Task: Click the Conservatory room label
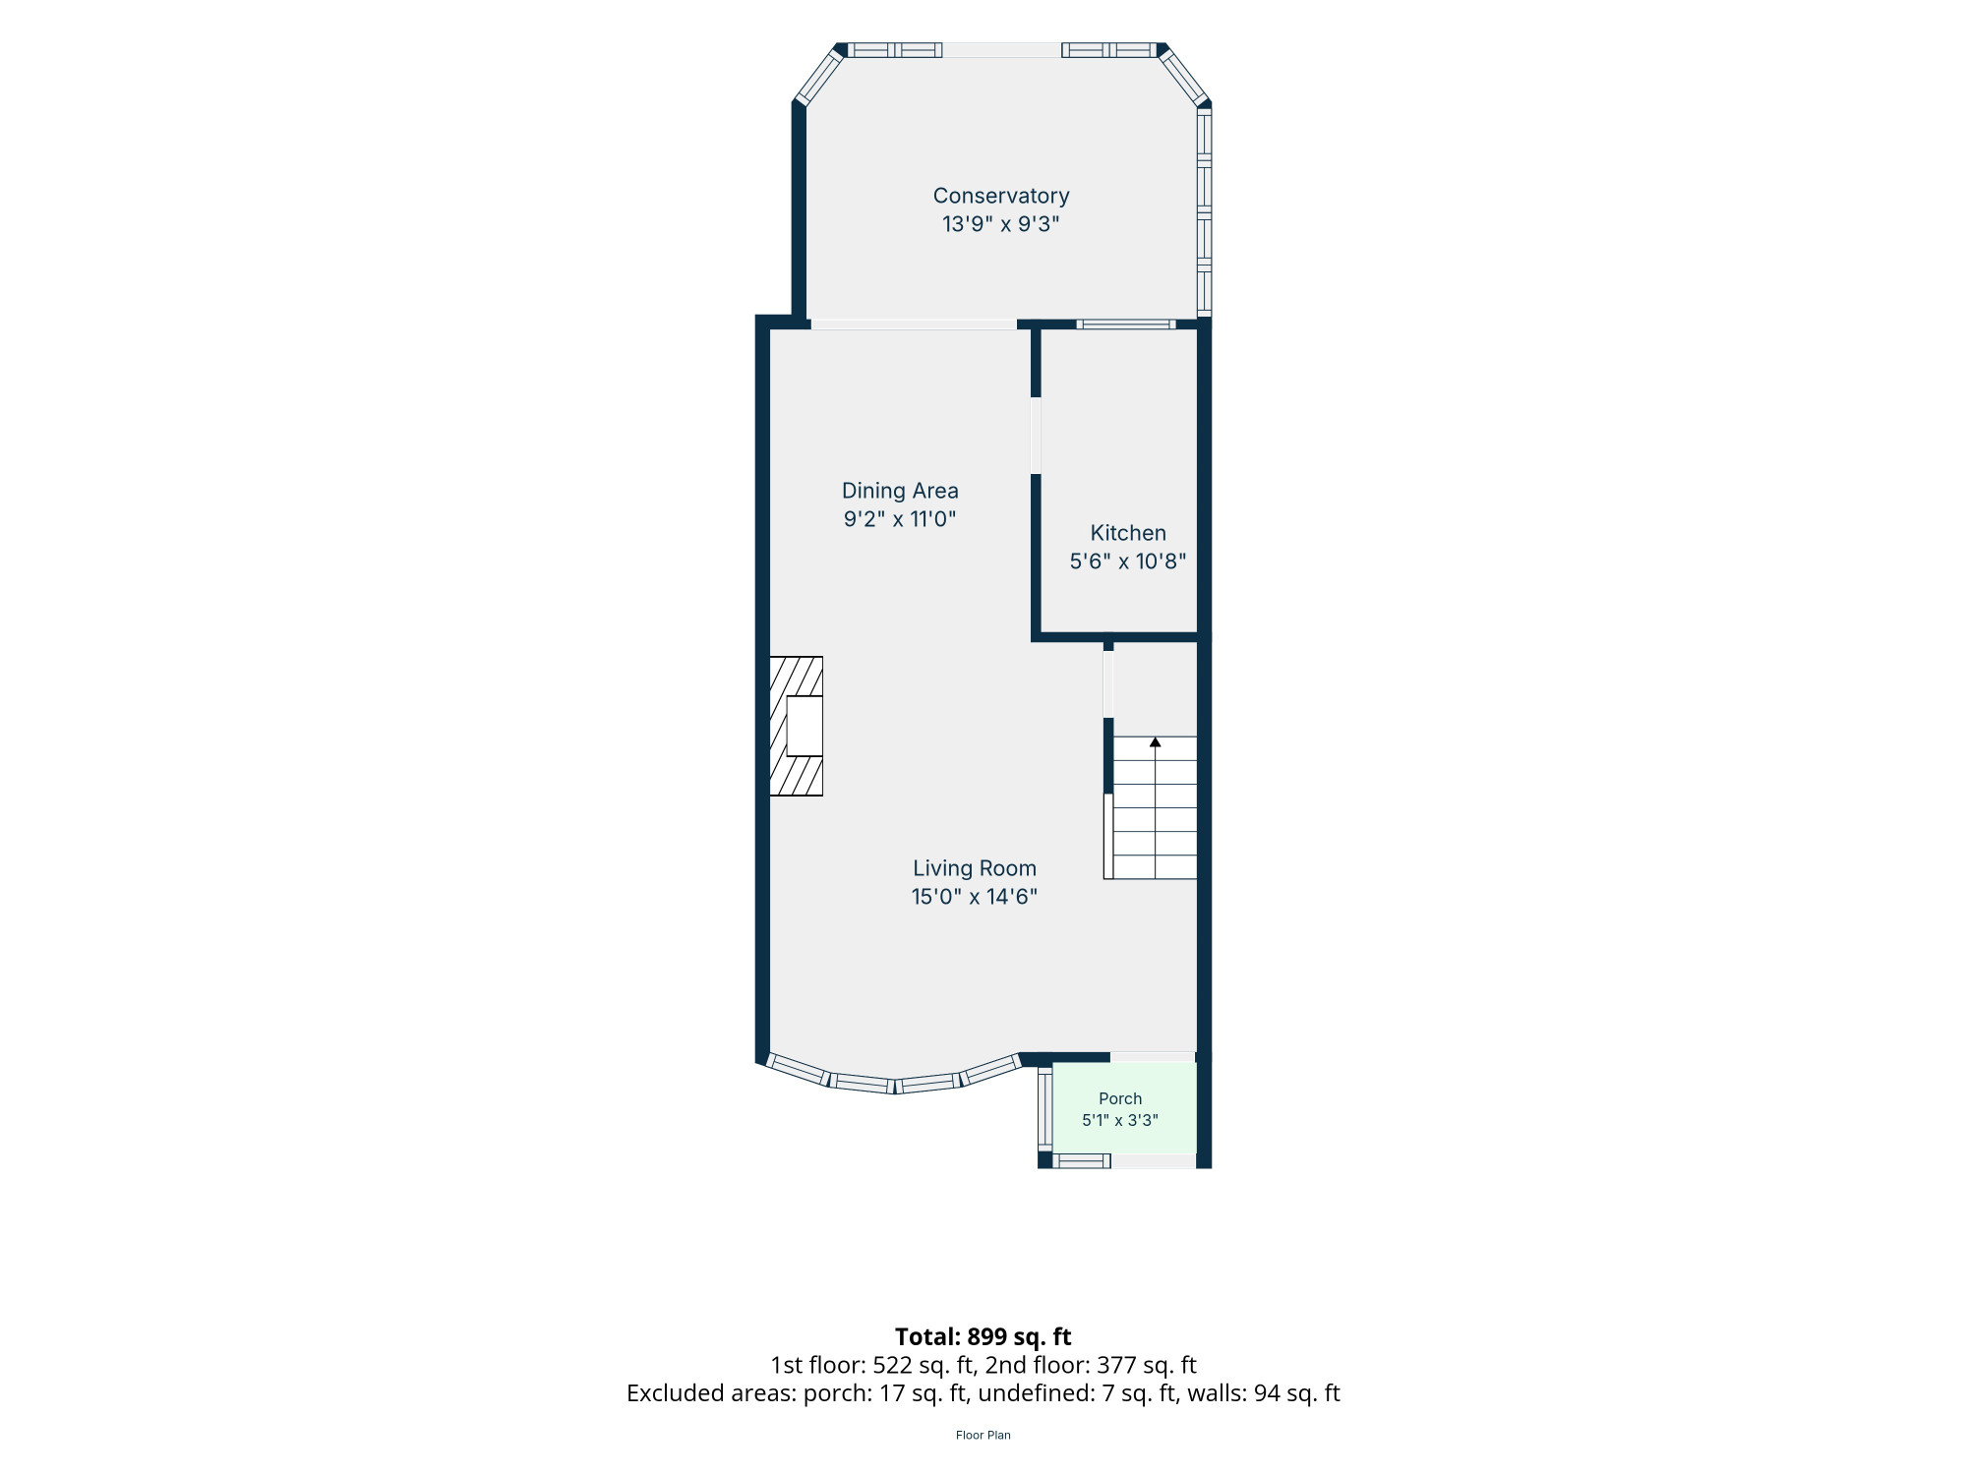coord(1001,196)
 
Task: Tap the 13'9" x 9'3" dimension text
coord(1001,224)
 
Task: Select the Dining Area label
coord(900,491)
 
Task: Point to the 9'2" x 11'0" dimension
coord(900,519)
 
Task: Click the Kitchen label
coord(1128,533)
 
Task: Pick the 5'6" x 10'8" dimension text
coord(1128,561)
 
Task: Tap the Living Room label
coord(975,868)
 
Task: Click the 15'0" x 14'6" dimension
coord(975,897)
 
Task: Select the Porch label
coord(1120,1098)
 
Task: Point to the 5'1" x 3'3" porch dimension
coord(1120,1120)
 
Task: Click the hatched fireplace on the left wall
coord(796,726)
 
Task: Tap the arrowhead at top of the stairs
coord(1156,742)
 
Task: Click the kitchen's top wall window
coord(1126,324)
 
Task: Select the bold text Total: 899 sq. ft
coord(983,1336)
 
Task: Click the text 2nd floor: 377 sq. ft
coord(1091,1365)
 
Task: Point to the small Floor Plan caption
coord(983,1435)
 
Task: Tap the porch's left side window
coord(1044,1109)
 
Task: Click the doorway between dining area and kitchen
coord(1036,436)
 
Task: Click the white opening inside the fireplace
coord(805,726)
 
